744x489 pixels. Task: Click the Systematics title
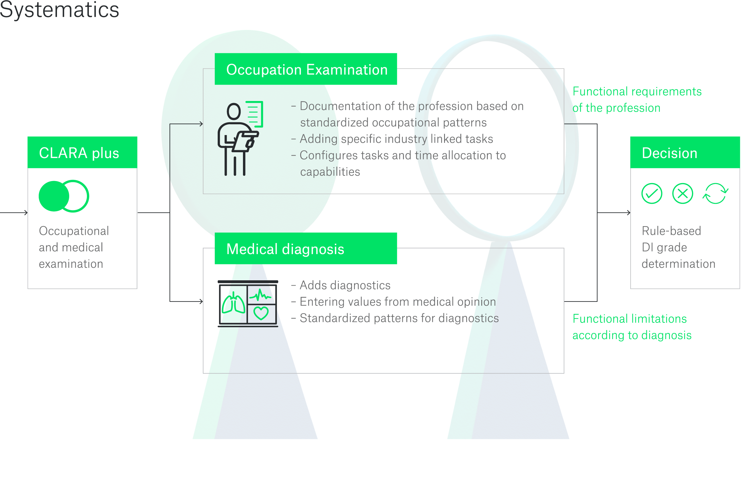point(59,9)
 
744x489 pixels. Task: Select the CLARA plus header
point(83,153)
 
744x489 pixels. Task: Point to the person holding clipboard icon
point(239,138)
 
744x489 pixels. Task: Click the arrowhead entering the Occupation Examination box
point(201,124)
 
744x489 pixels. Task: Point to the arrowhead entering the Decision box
point(629,213)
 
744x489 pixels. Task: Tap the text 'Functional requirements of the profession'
point(637,100)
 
